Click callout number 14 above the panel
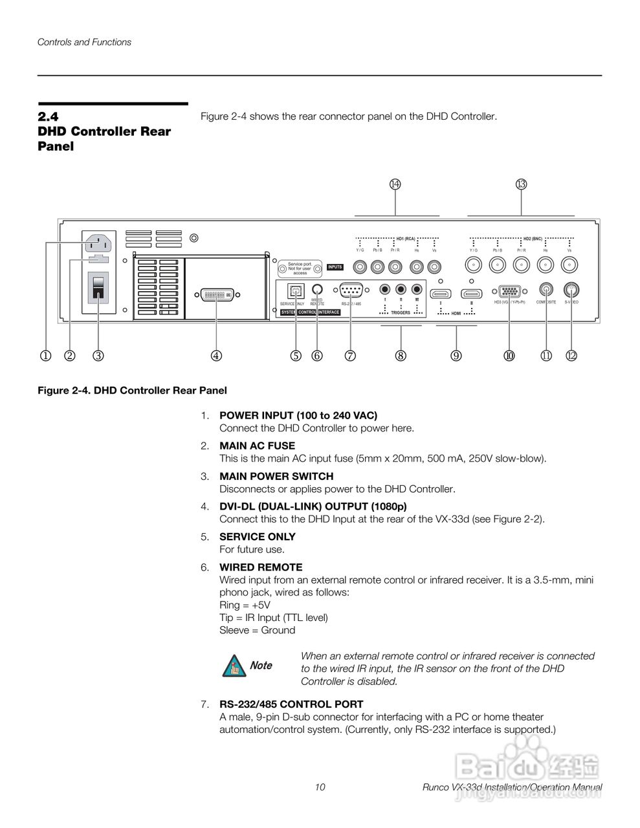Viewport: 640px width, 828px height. (395, 184)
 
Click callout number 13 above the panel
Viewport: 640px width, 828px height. (522, 184)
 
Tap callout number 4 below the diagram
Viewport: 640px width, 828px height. (216, 355)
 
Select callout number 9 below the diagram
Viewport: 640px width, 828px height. (456, 355)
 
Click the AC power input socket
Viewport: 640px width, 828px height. (97, 244)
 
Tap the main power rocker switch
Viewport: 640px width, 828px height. (98, 287)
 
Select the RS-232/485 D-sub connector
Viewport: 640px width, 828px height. (350, 290)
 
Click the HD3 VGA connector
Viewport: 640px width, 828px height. (509, 292)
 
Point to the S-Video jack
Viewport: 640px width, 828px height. (571, 290)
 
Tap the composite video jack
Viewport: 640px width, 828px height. (547, 290)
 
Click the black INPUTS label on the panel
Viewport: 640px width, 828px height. (335, 267)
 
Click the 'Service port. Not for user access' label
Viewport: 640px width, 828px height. (300, 268)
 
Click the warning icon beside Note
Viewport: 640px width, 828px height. (234, 666)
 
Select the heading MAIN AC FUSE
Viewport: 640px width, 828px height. (257, 446)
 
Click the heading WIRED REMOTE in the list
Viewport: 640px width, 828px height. (261, 567)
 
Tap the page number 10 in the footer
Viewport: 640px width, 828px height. (320, 787)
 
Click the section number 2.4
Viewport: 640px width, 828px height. (48, 117)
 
